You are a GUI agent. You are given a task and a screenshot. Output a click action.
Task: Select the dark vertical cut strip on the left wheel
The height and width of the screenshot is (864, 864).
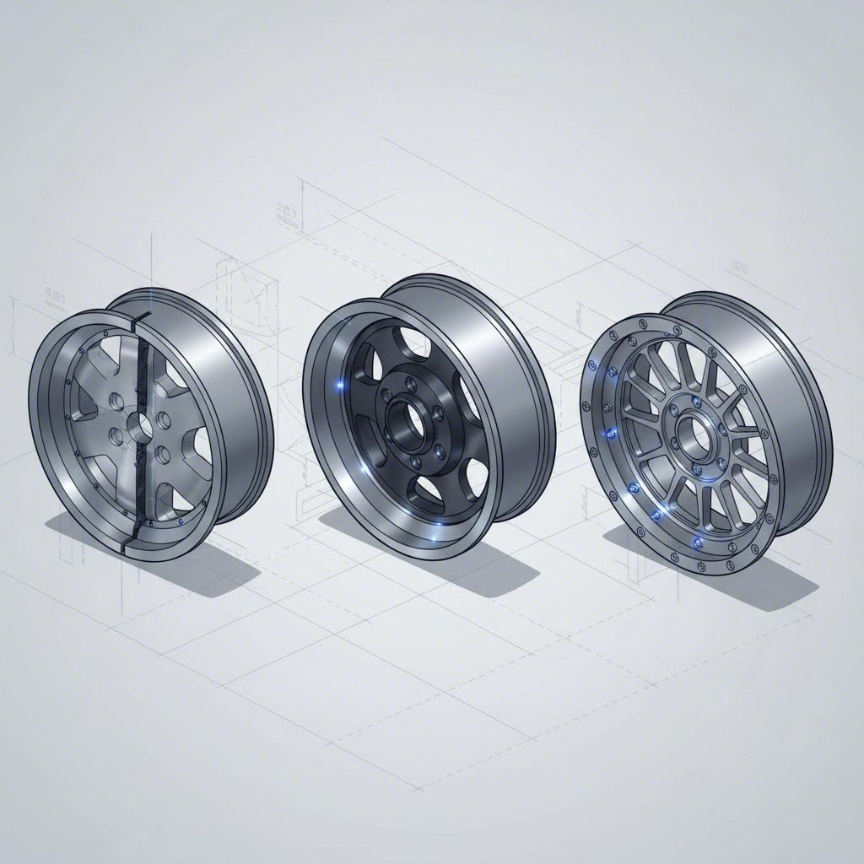[140, 422]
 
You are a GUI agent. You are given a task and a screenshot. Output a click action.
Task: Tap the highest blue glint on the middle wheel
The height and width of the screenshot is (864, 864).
[341, 386]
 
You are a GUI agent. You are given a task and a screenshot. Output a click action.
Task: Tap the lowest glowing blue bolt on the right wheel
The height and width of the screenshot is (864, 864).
[697, 540]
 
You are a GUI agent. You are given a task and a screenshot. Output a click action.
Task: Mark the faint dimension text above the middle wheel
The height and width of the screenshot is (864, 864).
[286, 216]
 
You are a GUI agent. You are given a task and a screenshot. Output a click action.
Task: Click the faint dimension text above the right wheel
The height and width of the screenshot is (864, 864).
[737, 268]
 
